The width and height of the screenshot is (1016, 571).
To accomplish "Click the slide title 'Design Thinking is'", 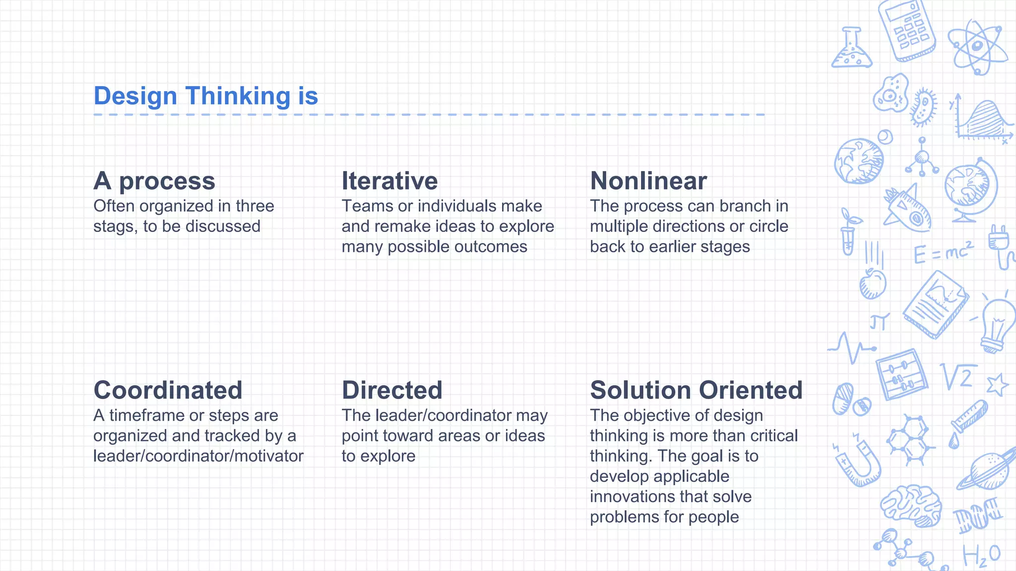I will click(205, 96).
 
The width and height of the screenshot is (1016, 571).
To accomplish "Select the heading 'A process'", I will click(154, 181).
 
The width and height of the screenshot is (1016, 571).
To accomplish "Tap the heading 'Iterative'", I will click(389, 181).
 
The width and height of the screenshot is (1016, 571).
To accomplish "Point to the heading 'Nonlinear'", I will click(648, 181).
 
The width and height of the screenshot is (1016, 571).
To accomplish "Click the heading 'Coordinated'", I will click(168, 390).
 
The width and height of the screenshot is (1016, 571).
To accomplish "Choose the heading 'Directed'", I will click(392, 390).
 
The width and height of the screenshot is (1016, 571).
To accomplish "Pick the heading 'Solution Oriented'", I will click(696, 390).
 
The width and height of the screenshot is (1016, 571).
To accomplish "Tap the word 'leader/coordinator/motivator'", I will click(198, 456).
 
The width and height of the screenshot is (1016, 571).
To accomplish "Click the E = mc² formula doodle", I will click(943, 253).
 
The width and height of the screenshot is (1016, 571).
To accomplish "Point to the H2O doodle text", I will click(981, 555).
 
